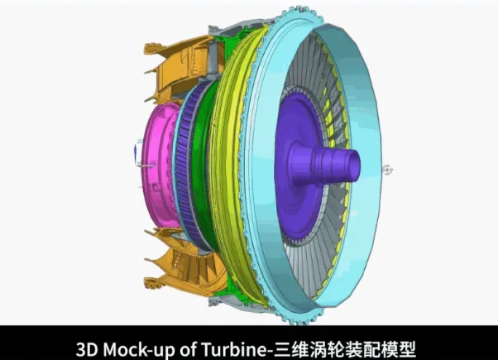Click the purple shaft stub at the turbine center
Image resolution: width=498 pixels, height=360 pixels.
[x=330, y=165]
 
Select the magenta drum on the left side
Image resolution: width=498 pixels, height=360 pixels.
[x=160, y=166]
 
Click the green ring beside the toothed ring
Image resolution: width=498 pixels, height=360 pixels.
[x=201, y=166]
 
